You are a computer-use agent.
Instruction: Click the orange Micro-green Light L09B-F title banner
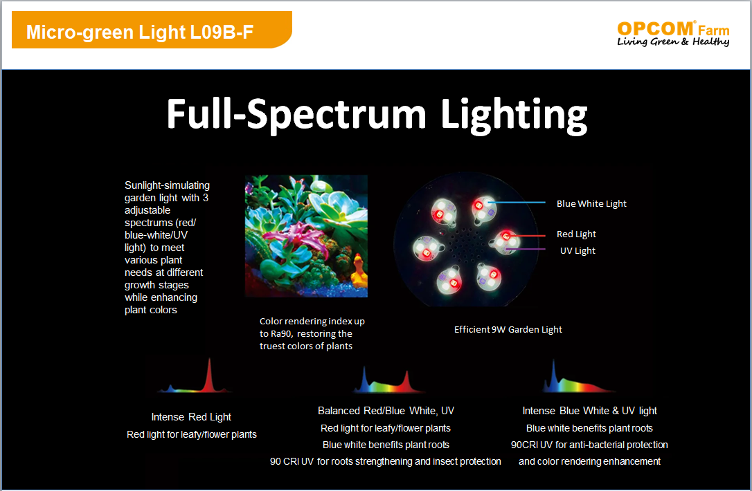click(x=152, y=30)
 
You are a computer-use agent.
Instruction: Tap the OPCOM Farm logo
click(x=673, y=33)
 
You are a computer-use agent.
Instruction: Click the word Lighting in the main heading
click(x=514, y=115)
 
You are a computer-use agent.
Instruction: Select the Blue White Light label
click(x=591, y=203)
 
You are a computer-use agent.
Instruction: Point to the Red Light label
click(x=576, y=234)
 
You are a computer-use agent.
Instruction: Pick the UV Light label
click(x=578, y=250)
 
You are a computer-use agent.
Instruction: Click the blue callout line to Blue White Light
click(x=517, y=203)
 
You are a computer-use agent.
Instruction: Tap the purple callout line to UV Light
click(x=528, y=249)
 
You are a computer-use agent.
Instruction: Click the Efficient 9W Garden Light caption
click(x=508, y=330)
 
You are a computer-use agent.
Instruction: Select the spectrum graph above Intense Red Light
click(x=195, y=376)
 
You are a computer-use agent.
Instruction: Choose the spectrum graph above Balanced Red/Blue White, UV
click(x=386, y=380)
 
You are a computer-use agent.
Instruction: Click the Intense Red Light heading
click(x=191, y=417)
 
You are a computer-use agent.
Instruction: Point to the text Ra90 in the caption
click(x=282, y=334)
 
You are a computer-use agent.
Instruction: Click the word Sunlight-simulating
click(x=167, y=185)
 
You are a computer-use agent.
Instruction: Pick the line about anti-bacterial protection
click(x=589, y=445)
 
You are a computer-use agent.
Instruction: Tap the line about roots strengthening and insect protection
click(x=385, y=461)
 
